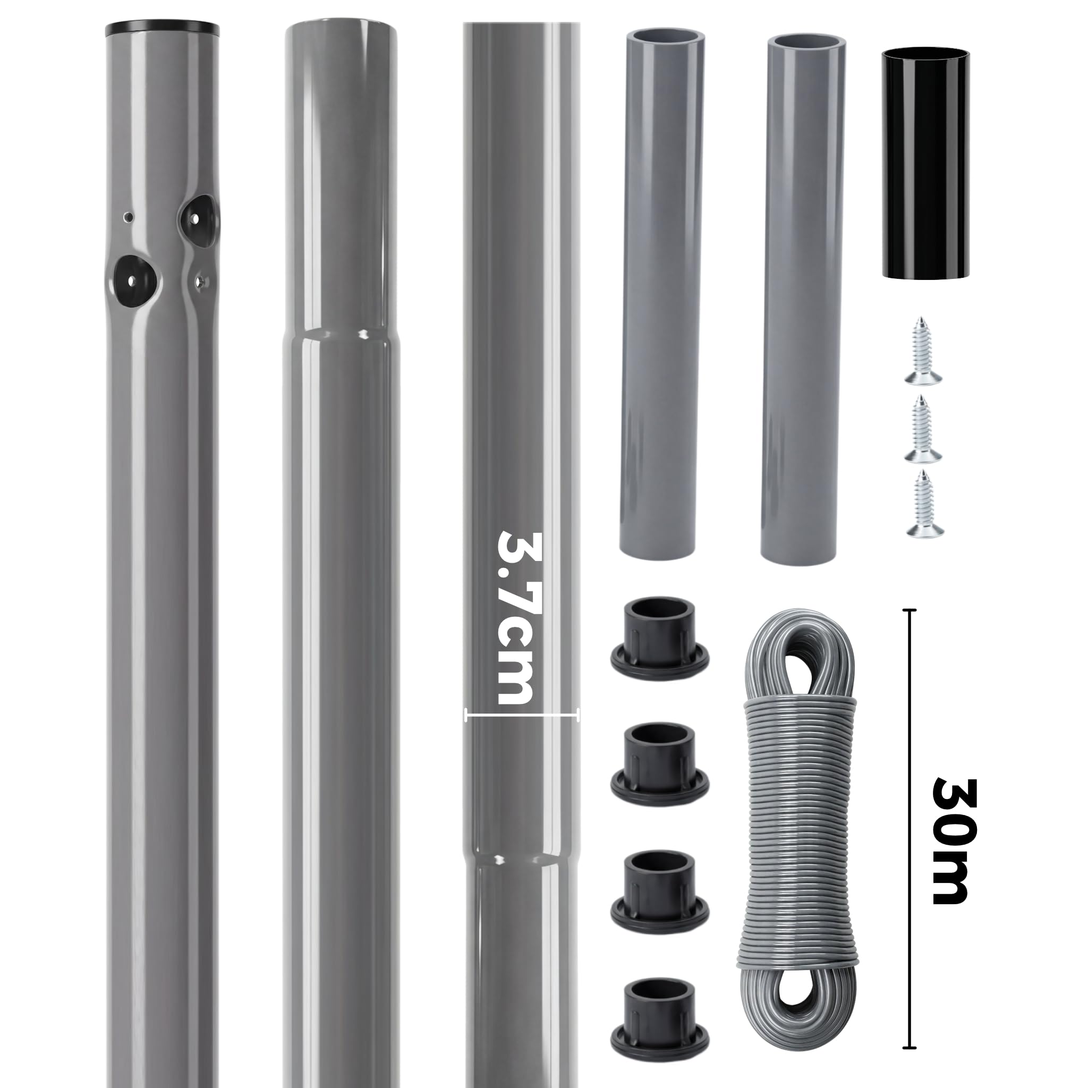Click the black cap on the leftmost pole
click(162, 29)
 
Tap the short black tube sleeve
click(926, 163)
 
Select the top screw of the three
click(923, 350)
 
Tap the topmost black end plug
click(659, 639)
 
